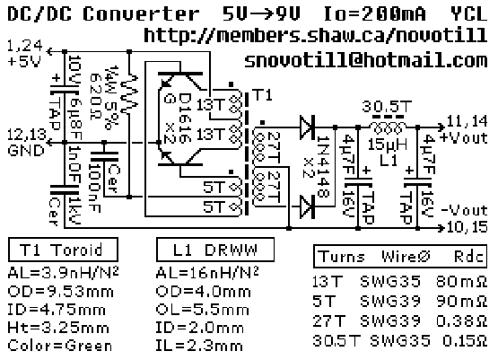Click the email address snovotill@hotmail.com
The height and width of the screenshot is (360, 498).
[366, 60]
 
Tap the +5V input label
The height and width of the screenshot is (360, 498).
[24, 61]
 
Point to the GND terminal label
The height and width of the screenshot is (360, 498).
[26, 150]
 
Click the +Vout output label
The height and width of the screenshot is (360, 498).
[464, 138]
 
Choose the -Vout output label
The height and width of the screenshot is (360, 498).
[464, 210]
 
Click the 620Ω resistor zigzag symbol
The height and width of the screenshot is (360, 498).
[129, 94]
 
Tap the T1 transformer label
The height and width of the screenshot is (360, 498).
[262, 95]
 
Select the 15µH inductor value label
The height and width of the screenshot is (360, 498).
[388, 145]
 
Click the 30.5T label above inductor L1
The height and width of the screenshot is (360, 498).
[387, 107]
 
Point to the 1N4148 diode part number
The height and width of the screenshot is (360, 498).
[324, 166]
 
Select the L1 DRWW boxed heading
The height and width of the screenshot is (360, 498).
[215, 250]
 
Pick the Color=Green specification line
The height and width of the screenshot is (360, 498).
[60, 346]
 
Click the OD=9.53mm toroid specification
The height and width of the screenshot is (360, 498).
[60, 292]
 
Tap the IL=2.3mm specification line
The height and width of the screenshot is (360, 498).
[199, 346]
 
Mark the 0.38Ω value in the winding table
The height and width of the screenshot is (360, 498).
[461, 321]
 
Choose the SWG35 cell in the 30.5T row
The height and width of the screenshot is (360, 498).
[400, 340]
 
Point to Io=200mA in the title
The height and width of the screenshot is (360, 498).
[374, 14]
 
